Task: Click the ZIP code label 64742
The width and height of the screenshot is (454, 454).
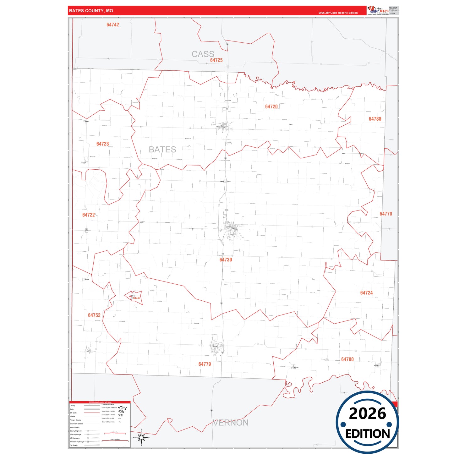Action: coord(112,25)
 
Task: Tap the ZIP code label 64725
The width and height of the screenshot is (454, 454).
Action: coord(216,60)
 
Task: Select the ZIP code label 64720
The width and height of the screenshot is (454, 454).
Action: coord(271,107)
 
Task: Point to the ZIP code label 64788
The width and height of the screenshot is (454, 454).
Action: coord(375,119)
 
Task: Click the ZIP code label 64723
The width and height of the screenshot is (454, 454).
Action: coord(102,144)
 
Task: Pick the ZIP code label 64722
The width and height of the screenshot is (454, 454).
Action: coord(88,215)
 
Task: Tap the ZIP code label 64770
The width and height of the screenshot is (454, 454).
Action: coord(386,214)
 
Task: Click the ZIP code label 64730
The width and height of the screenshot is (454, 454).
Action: coord(226,260)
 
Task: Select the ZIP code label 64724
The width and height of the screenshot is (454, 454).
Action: coord(366,293)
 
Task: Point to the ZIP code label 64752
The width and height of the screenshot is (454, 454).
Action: coord(94,315)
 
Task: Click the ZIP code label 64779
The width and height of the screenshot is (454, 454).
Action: coord(205,364)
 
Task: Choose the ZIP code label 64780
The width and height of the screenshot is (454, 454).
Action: coord(347,359)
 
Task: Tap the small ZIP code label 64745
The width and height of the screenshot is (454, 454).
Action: coord(137,298)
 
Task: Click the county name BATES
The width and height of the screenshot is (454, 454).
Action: coord(162,150)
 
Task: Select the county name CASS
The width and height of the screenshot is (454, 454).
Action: coord(203,54)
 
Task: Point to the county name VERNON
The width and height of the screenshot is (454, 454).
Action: coord(231,423)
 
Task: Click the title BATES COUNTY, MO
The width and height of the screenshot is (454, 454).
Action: coord(91,11)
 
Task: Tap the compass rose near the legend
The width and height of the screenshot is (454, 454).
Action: coord(141,437)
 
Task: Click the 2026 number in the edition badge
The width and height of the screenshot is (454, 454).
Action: coord(367,413)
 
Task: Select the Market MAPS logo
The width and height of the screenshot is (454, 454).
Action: coord(378,10)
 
